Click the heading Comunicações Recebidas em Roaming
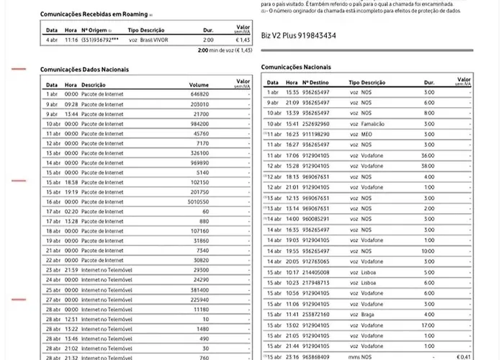click(94, 14)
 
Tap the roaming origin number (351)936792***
click(99, 40)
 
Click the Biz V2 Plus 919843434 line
click(297, 35)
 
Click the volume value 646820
click(199, 94)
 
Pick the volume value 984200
click(199, 124)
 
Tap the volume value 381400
click(199, 289)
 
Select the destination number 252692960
click(316, 124)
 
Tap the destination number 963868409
click(316, 356)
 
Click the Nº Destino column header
click(316, 83)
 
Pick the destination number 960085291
click(316, 218)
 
